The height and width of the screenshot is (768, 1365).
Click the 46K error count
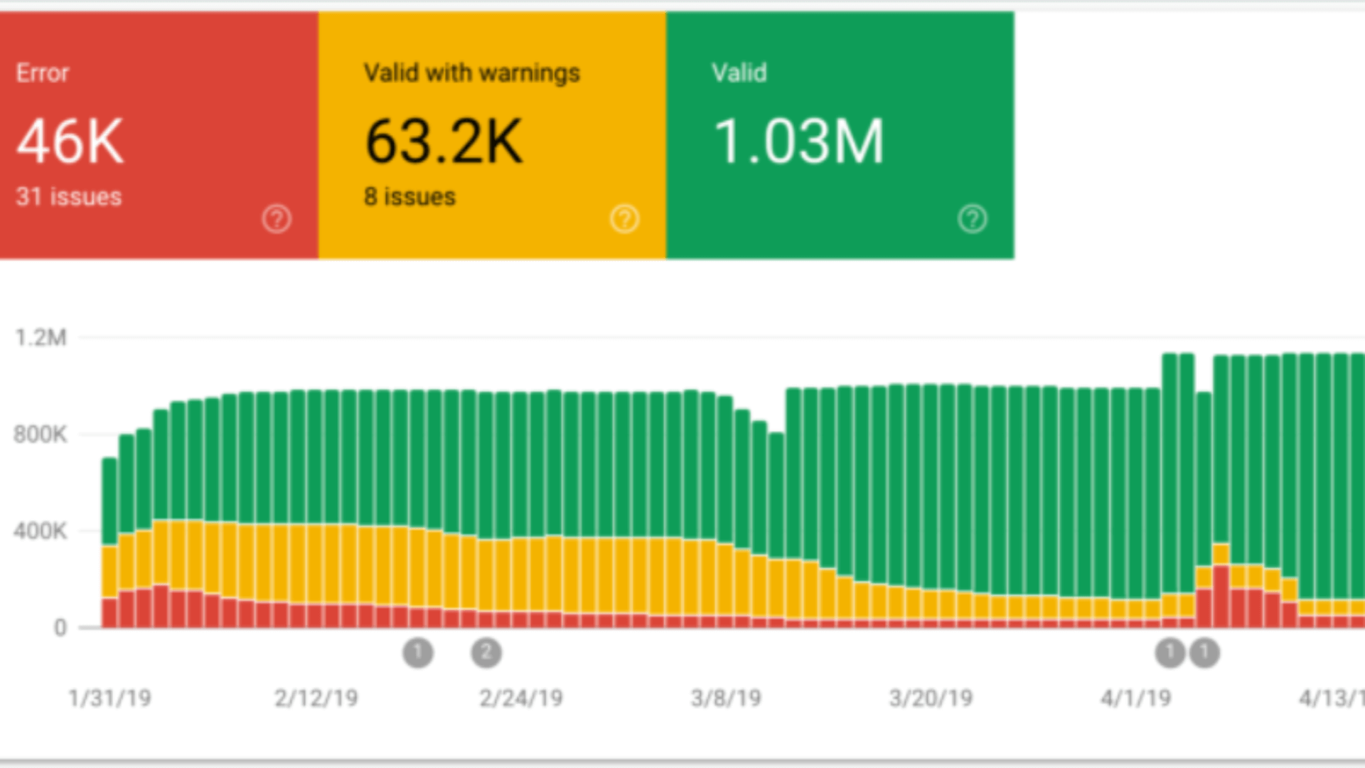click(x=70, y=142)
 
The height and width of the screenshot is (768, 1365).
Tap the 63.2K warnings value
click(x=444, y=142)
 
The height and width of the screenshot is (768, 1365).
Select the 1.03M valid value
click(x=798, y=142)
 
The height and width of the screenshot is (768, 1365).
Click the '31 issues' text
click(x=69, y=197)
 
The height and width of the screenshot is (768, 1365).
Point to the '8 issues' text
click(x=409, y=197)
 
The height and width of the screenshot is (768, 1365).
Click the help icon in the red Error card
click(x=277, y=219)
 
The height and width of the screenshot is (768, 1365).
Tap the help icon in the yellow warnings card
click(x=624, y=219)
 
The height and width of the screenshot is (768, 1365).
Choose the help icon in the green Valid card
click(x=972, y=219)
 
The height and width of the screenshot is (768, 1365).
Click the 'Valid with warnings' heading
click(x=471, y=73)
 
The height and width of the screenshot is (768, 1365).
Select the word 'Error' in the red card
click(x=43, y=73)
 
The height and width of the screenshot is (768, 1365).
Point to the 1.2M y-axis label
click(x=41, y=337)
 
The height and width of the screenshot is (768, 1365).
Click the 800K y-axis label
click(x=40, y=434)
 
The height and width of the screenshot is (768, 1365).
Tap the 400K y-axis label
click(x=40, y=530)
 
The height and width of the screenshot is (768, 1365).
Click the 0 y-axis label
click(x=60, y=627)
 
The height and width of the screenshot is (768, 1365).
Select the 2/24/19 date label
click(x=521, y=698)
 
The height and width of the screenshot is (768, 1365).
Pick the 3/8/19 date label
click(x=726, y=698)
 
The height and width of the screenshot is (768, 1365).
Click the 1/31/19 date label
click(x=110, y=698)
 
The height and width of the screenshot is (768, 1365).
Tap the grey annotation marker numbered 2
click(x=486, y=652)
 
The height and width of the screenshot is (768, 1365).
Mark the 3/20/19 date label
click(x=931, y=698)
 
